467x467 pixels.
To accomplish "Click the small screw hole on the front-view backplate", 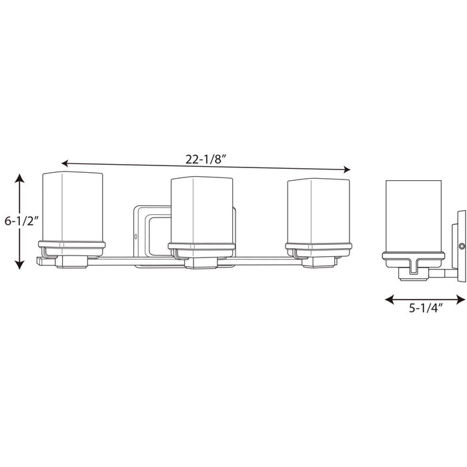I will click(136, 236).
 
